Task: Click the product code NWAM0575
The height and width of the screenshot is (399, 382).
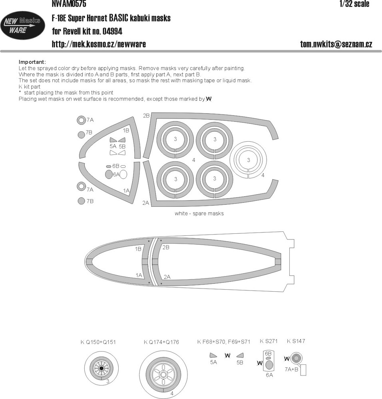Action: [69, 4]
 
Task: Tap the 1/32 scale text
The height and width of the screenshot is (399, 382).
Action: [354, 4]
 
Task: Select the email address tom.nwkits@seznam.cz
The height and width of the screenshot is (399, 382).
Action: [336, 44]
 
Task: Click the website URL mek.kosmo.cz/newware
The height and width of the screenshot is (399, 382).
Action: [99, 44]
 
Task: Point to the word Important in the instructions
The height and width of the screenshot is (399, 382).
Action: [32, 62]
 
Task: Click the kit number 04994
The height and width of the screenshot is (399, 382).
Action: [112, 31]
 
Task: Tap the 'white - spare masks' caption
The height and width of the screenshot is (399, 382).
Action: [199, 213]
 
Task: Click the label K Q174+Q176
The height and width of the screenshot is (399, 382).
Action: [161, 342]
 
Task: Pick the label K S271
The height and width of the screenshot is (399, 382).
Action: [269, 341]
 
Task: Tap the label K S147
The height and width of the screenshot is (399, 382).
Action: [296, 341]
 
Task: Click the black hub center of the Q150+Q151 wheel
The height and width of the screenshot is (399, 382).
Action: [101, 368]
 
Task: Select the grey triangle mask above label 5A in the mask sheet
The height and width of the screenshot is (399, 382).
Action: [113, 140]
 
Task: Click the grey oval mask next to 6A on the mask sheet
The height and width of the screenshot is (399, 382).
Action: [109, 174]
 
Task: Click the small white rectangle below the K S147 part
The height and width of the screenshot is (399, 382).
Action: [303, 370]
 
